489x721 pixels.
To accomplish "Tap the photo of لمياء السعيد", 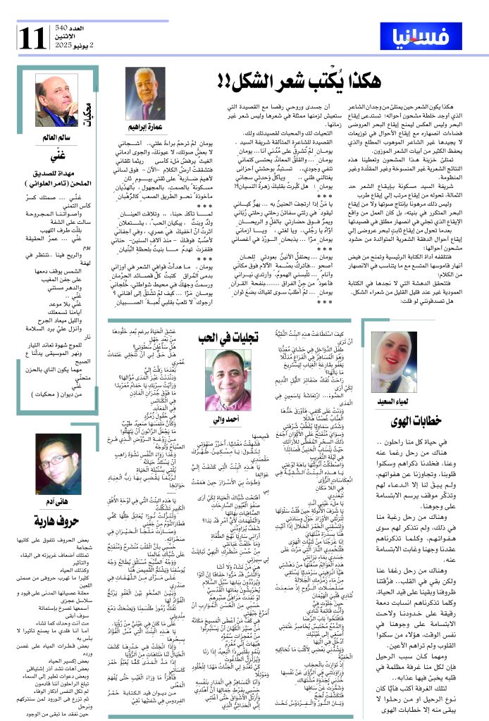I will [x=395, y=360].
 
